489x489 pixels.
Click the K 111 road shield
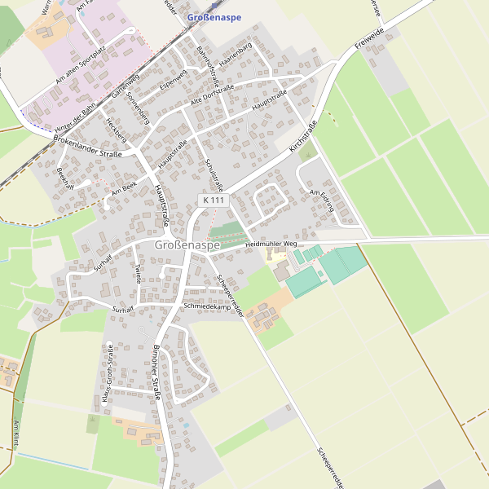(213, 200)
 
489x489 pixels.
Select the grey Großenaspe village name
(187, 244)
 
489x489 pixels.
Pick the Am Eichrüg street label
(323, 200)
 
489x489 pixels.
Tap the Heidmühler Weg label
(272, 244)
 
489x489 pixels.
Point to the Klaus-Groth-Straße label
(107, 376)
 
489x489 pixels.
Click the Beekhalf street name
(65, 177)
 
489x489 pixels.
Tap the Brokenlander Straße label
(87, 148)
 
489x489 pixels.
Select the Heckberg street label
(117, 130)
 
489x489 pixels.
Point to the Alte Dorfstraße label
(212, 96)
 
